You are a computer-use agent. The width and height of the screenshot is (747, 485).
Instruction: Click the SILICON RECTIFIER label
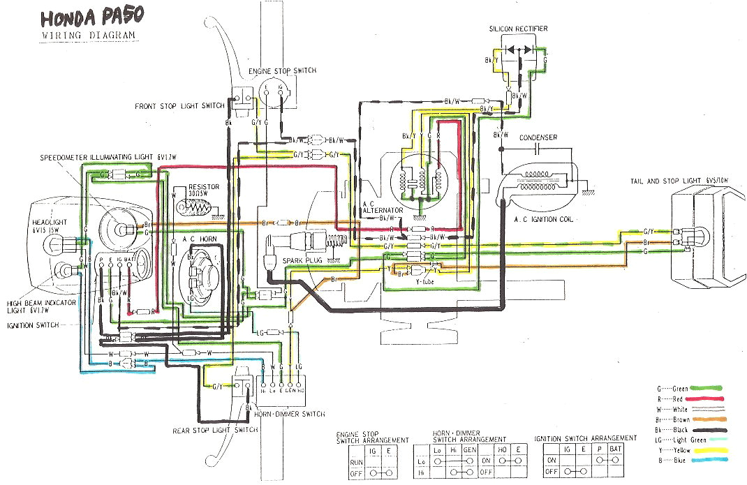(518, 29)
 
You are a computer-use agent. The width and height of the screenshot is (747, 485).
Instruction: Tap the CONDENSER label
(538, 137)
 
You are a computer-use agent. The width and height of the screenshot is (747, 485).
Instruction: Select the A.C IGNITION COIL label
(543, 219)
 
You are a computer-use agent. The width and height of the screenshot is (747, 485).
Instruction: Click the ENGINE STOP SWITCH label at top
(282, 71)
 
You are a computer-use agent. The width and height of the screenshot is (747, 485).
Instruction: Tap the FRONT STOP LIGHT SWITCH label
(180, 106)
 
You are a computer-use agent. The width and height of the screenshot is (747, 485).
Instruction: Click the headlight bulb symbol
(54, 244)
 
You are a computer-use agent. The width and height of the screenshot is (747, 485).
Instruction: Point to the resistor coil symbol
(195, 207)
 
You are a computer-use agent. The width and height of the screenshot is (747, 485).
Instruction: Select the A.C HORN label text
(198, 239)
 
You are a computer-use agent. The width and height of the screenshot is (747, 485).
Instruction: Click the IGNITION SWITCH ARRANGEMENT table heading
(585, 438)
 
